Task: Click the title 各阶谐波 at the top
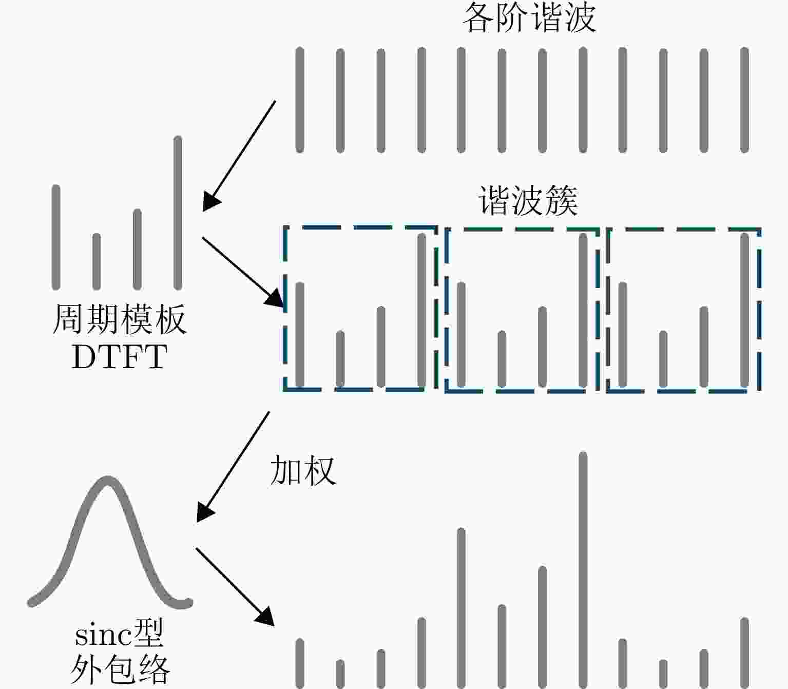tap(529, 18)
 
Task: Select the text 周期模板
tap(120, 319)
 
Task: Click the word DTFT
tap(120, 357)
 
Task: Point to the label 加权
tap(303, 470)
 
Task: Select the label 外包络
tap(120, 670)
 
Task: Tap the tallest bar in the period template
tap(178, 213)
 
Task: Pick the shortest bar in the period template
tap(97, 261)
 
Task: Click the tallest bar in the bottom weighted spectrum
tap(583, 570)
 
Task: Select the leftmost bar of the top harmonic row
tap(300, 100)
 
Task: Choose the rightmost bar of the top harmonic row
tap(744, 100)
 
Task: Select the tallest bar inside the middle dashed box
tap(583, 310)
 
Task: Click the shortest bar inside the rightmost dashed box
tap(663, 359)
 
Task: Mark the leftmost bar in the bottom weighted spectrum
tap(300, 663)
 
